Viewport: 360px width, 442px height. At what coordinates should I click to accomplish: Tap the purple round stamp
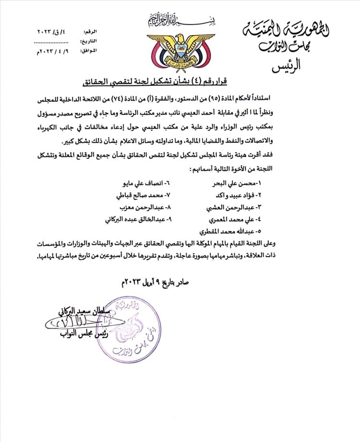tap(131, 328)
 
